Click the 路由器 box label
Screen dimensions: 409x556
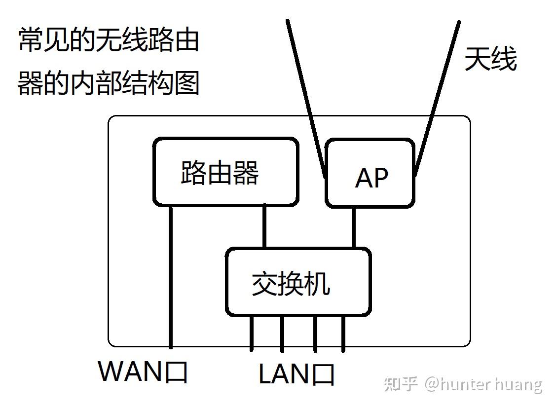point(220,173)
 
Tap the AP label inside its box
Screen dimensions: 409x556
point(371,178)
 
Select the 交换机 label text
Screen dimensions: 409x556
point(291,284)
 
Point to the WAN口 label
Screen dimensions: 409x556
point(143,371)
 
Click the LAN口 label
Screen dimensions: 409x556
point(297,374)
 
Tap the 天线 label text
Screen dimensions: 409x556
point(490,59)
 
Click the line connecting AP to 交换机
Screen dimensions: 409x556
point(353,227)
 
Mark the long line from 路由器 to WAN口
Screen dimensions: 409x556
point(171,276)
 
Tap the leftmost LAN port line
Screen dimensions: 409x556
point(252,333)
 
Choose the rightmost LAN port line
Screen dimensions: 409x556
point(343,333)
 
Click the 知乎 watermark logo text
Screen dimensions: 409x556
point(402,384)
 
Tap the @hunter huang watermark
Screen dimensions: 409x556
point(483,384)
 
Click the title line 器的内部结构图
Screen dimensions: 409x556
point(109,82)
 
